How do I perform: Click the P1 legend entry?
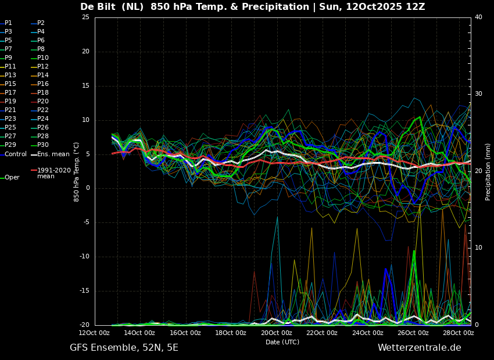[x=6, y=23]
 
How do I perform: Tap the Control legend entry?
[x=13, y=154]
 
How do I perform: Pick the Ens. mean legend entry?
[x=50, y=154]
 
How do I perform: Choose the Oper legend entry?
[x=10, y=178]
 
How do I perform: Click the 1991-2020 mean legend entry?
[x=51, y=173]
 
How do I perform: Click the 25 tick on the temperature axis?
[x=85, y=17]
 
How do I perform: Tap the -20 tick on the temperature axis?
[x=84, y=325]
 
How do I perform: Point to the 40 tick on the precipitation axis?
[x=478, y=17]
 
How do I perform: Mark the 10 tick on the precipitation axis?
[x=478, y=248]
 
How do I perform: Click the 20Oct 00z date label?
[x=276, y=333]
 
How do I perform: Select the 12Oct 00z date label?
[x=94, y=333]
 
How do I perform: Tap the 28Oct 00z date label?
[x=458, y=333]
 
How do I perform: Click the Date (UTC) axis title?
[x=282, y=342]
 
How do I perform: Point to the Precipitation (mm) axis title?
[x=488, y=172]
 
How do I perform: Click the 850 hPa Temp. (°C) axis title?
[x=77, y=172]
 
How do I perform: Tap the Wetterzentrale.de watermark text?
[x=420, y=348]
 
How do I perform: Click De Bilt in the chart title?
[x=100, y=6]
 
